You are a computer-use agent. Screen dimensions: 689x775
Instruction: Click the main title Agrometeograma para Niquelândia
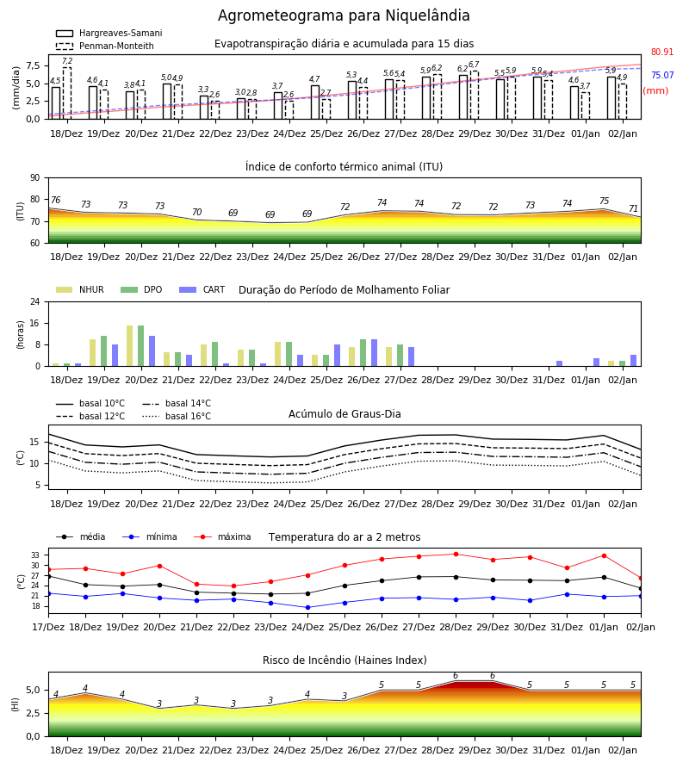tap(344, 15)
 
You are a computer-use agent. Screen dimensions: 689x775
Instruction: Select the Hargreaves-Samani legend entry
tap(109, 33)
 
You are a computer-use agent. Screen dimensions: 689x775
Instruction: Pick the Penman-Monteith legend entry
tap(105, 46)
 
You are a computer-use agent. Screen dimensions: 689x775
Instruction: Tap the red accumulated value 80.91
tap(662, 52)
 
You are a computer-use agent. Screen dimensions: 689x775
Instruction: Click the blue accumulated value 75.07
tap(662, 75)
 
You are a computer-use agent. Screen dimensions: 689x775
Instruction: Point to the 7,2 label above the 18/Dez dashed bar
tap(67, 61)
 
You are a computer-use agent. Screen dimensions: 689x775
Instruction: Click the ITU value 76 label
tap(55, 200)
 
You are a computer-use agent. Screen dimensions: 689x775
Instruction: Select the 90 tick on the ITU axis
tap(35, 178)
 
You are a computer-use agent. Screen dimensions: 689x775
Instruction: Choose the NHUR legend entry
tap(80, 289)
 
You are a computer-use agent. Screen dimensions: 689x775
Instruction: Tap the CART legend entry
tap(202, 289)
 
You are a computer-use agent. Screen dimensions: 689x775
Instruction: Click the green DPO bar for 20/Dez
tap(141, 346)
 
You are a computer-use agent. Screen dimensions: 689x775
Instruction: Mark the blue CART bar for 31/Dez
tap(560, 363)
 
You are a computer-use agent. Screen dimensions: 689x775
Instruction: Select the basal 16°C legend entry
tap(177, 416)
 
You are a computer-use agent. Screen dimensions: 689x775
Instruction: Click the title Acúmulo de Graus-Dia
tap(344, 414)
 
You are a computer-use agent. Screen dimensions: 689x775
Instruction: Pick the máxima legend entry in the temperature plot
tap(222, 536)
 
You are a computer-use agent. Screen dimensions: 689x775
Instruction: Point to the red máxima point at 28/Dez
tap(456, 554)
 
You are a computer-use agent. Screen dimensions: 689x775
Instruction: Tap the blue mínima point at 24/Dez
tap(308, 607)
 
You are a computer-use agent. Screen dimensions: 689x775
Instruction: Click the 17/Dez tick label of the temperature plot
tap(48, 627)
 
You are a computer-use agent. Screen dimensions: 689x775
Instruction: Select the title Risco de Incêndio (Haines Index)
tap(344, 660)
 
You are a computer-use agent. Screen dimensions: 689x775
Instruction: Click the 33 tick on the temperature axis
tap(35, 555)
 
